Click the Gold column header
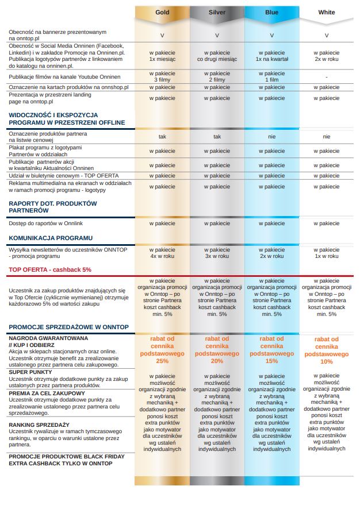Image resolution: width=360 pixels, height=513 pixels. pos(162,13)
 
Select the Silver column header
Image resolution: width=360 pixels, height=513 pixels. pos(217,13)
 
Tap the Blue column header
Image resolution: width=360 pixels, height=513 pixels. pos(271,13)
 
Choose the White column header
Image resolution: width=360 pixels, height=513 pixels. pos(327,13)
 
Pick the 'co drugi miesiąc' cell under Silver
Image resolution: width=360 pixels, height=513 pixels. pos(217,59)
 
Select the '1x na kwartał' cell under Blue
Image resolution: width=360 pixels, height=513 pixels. pos(271,59)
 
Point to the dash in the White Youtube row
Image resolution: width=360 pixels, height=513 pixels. pos(327,77)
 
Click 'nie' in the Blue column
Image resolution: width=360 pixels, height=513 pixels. pos(271,137)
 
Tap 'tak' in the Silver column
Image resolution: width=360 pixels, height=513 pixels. pos(217,137)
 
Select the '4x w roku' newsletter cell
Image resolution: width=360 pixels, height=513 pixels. pos(162,256)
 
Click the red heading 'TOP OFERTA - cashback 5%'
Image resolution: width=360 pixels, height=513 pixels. pos(50,270)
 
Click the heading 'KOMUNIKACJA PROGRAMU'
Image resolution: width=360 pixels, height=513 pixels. pos(51,238)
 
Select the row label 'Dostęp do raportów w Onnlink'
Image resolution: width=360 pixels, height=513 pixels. pos(46,223)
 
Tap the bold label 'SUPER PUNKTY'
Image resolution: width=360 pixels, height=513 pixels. pos(30,372)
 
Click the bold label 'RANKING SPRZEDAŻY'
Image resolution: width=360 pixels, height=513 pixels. pos(39,425)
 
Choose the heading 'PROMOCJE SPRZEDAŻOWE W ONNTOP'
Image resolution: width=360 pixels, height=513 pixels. pos(69,327)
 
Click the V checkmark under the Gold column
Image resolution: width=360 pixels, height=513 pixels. pos(162,36)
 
